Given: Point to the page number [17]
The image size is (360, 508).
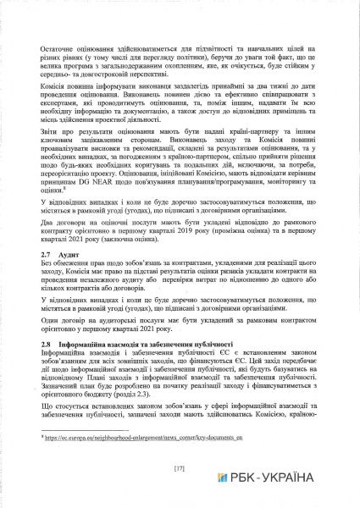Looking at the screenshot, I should pos(179,467).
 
